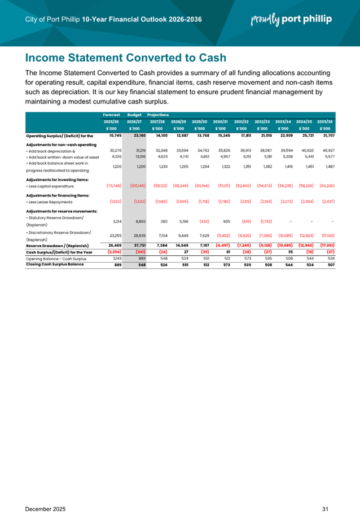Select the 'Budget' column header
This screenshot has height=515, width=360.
point(134,115)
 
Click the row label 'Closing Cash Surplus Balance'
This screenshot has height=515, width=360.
point(59,264)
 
